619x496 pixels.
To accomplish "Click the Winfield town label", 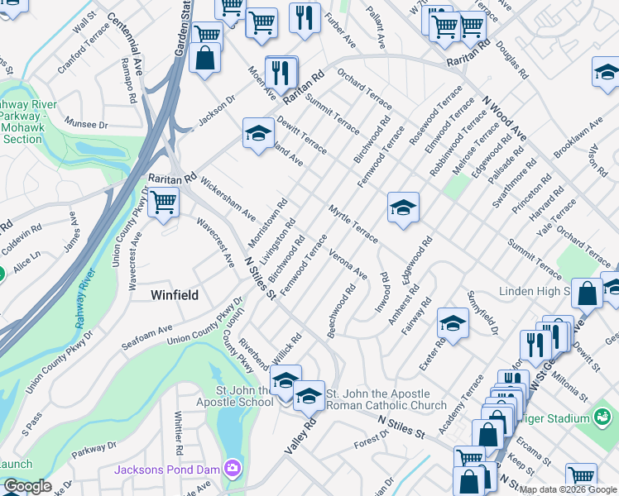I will tap(175, 294).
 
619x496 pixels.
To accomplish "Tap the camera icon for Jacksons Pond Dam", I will tap(234, 469).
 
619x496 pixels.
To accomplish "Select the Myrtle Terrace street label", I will tap(353, 224).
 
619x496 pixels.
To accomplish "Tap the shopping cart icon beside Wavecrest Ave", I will tap(163, 201).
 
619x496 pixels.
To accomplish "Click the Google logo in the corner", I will tap(27, 487).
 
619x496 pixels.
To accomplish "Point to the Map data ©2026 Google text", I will tap(568, 489).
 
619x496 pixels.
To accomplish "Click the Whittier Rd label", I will tap(179, 436).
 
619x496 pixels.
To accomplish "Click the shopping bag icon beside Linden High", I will tap(587, 293).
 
